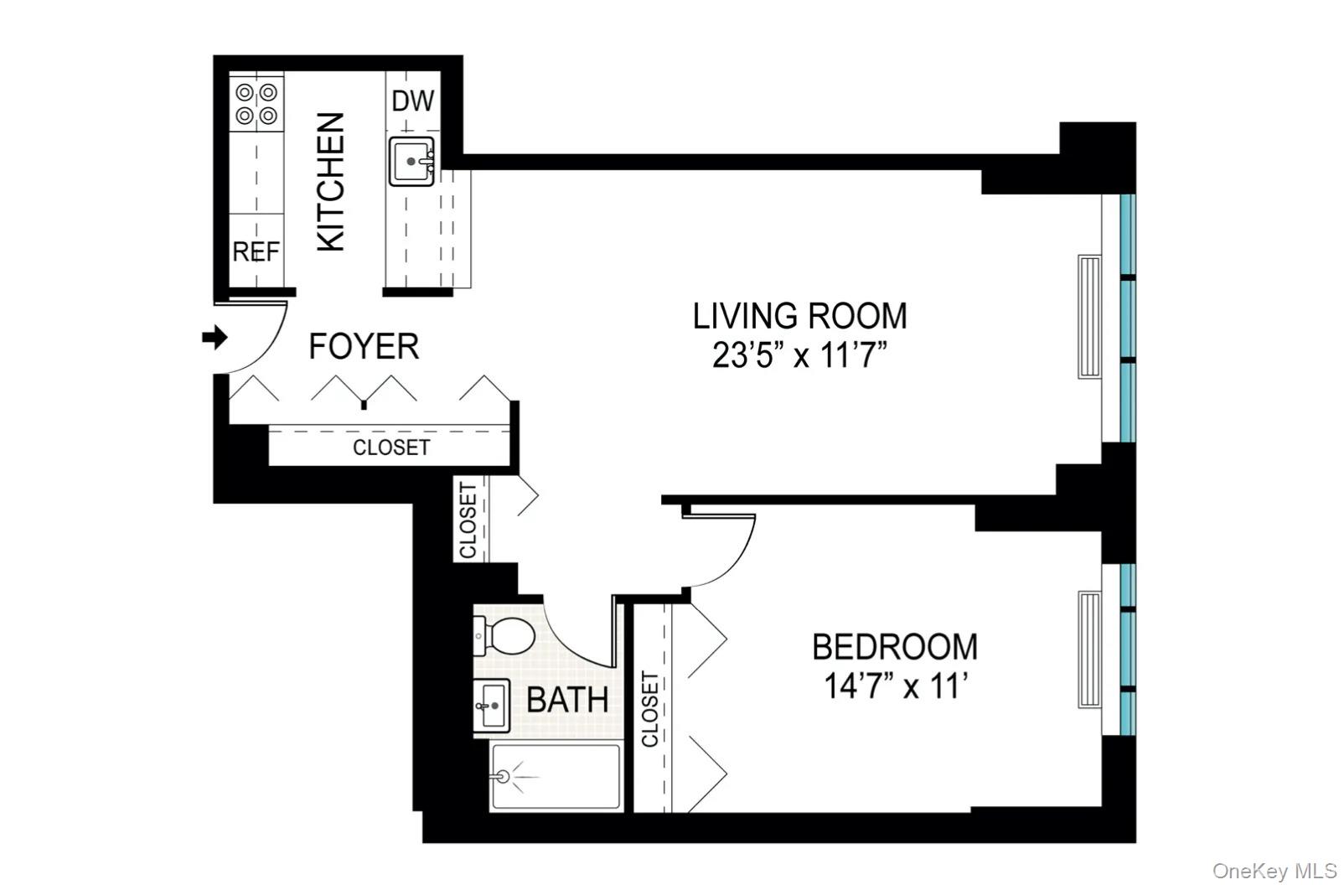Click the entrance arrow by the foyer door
tap(215, 338)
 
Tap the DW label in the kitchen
tap(413, 101)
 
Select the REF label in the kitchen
tap(256, 251)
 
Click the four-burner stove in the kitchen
tap(256, 104)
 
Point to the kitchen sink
tap(411, 161)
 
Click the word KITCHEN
tap(331, 182)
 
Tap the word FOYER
tap(364, 346)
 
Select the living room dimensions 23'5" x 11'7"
tap(799, 355)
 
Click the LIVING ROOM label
tap(799, 316)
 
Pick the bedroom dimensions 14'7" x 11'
tap(896, 686)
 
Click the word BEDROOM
tap(895, 647)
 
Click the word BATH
tap(567, 700)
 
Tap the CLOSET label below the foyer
tap(390, 448)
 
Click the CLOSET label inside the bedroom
tap(650, 709)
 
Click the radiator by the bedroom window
tap(1089, 650)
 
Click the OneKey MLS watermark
tap(1274, 871)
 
